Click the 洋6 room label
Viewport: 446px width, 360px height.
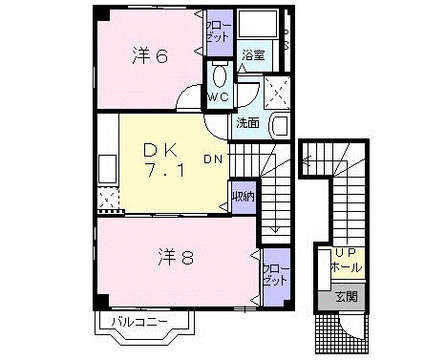150,56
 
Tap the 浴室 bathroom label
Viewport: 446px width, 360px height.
252,56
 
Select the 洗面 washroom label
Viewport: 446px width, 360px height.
248,123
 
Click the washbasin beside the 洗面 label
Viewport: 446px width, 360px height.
278,124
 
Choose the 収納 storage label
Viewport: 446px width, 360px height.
242,198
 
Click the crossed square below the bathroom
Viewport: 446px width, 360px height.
278,91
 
